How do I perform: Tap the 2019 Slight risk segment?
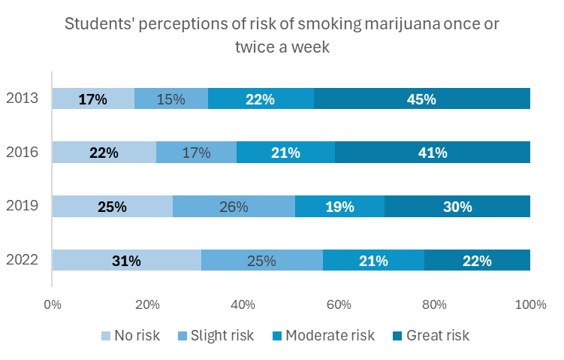click(x=234, y=207)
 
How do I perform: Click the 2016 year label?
click(x=23, y=153)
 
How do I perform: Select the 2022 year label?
click(x=23, y=261)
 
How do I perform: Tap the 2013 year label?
click(x=23, y=98)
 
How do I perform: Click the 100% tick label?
click(x=530, y=304)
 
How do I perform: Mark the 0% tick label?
click(x=53, y=304)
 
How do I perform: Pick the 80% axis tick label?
click(x=435, y=304)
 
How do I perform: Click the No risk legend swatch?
click(x=105, y=335)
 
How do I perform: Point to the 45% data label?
click(x=423, y=98)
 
